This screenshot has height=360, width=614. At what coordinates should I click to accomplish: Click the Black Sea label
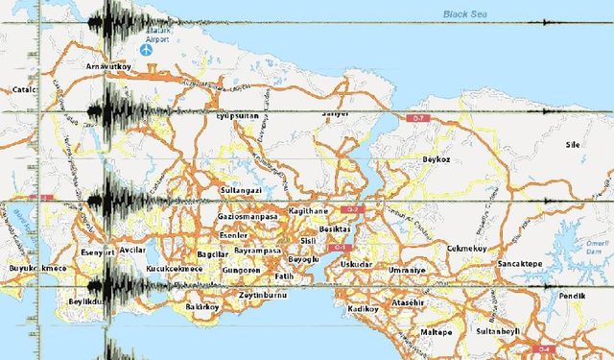[467, 13]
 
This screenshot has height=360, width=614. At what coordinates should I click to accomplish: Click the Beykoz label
[437, 159]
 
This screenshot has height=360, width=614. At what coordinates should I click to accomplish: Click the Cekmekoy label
[467, 249]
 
